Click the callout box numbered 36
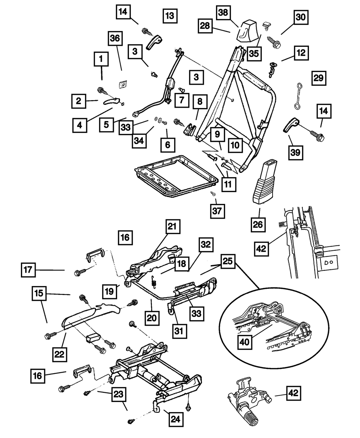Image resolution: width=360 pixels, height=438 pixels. coord(115,39)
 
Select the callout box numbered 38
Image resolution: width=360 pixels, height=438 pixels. coord(223,13)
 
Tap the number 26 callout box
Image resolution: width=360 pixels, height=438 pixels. coord(258,224)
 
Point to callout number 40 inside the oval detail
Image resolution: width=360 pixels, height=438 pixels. coord(245,342)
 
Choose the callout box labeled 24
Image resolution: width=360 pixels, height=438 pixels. coord(176,419)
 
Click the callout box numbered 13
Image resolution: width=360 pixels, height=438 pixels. coord(170,16)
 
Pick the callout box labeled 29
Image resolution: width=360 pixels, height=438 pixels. coord(319,78)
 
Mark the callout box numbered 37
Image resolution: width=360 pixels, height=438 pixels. coord(217,211)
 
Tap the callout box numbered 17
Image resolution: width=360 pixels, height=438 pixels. coord(28,270)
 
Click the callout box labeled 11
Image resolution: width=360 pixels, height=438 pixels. coord(229,184)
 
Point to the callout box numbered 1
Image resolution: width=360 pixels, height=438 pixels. coord(101,59)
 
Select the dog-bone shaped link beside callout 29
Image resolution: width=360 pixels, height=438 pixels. coord(298,96)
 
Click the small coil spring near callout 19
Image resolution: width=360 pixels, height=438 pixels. coord(154,282)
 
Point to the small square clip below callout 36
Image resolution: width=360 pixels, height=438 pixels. coord(123,84)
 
